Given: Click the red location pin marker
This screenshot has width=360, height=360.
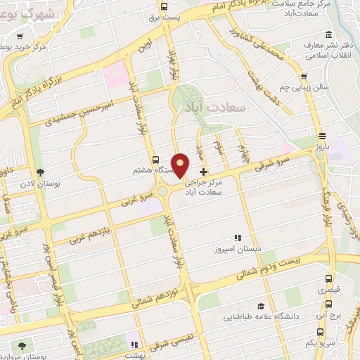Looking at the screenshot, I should (181, 165).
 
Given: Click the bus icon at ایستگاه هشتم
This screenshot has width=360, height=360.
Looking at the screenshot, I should (156, 160).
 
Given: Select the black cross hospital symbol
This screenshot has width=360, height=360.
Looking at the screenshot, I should (204, 172).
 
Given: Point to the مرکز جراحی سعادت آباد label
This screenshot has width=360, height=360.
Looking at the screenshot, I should (210, 186).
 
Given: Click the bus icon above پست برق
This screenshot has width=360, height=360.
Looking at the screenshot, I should (164, 7).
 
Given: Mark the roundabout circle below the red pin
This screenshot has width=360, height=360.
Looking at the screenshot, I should (164, 191).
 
